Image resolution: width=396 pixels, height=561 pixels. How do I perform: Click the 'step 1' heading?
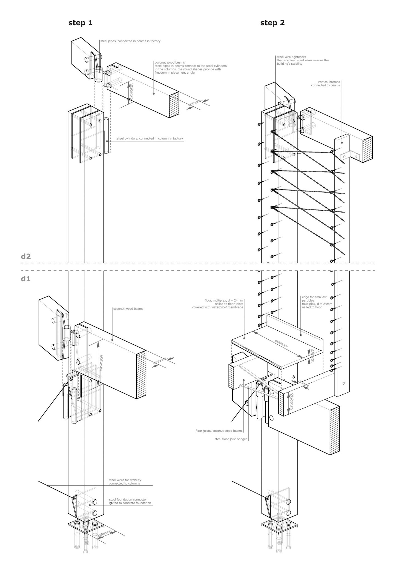pyautogui.click(x=80, y=23)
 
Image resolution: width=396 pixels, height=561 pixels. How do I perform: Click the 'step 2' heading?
pyautogui.click(x=272, y=23)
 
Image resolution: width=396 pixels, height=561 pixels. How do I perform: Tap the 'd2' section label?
pyautogui.click(x=26, y=256)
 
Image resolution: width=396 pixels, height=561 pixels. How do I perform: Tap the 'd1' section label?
pyautogui.click(x=26, y=279)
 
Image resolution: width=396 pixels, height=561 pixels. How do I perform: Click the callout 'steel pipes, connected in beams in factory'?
pyautogui.click(x=130, y=41)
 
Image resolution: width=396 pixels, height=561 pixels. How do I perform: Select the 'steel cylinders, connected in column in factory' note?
pyautogui.click(x=150, y=139)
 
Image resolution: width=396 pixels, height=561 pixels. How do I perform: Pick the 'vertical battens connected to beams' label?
pyautogui.click(x=326, y=84)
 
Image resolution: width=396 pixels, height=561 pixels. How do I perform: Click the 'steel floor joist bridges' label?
pyautogui.click(x=231, y=439)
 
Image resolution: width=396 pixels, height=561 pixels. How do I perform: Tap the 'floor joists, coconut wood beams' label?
pyautogui.click(x=219, y=431)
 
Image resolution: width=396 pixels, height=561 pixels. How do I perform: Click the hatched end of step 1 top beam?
pyautogui.click(x=174, y=105)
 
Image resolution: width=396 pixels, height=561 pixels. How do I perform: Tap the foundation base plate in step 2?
pyautogui.click(x=279, y=524)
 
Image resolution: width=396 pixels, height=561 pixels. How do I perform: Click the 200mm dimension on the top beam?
pyautogui.click(x=131, y=92)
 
